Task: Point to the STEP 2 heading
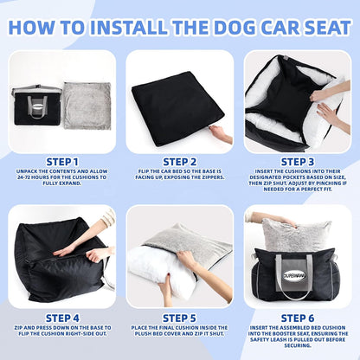click(x=180, y=161)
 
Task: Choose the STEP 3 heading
click(x=298, y=161)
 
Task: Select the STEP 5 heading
click(x=180, y=317)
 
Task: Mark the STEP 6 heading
click(x=298, y=317)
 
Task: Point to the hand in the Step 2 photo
click(x=221, y=134)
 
